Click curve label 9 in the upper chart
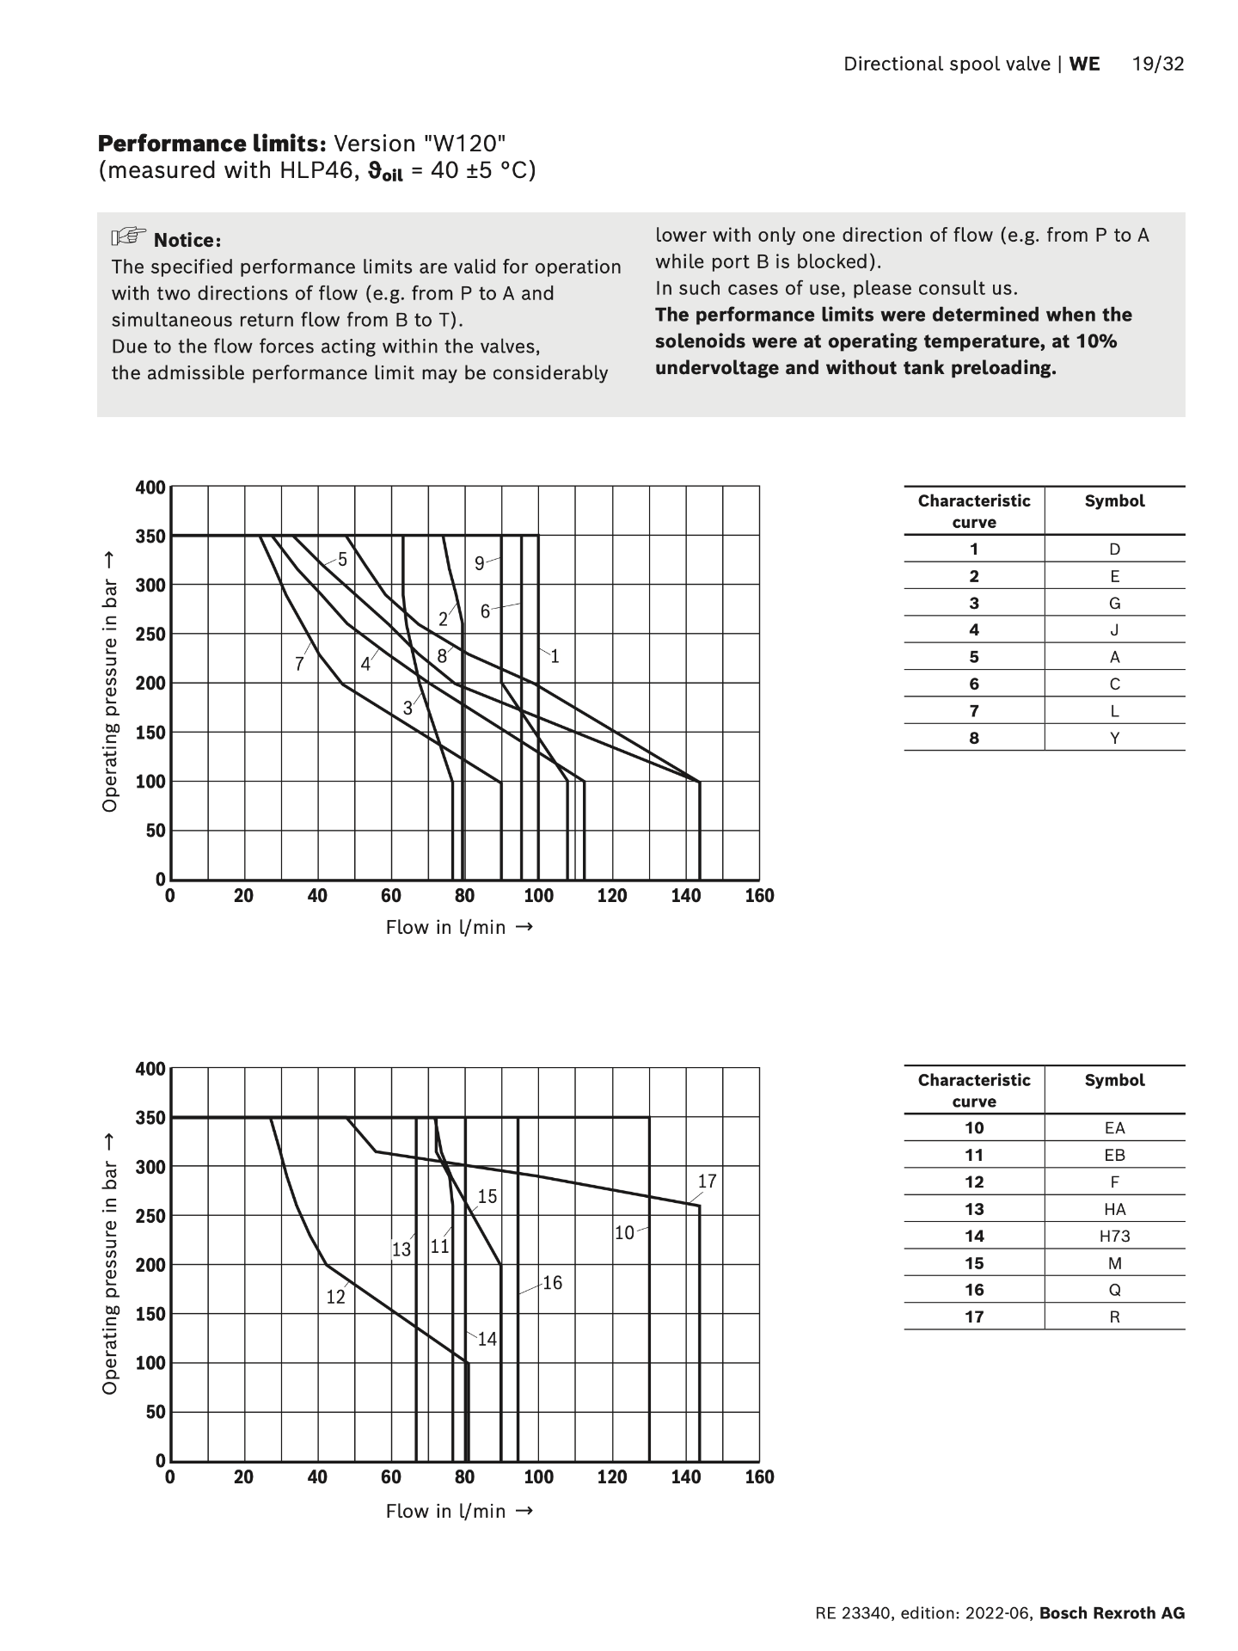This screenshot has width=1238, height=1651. (x=479, y=564)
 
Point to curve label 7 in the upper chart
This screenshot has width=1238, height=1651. (x=299, y=664)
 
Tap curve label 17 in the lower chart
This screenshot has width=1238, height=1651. (x=707, y=1181)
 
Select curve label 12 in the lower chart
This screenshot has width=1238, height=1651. (x=335, y=1297)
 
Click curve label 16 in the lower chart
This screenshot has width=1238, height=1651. (x=552, y=1283)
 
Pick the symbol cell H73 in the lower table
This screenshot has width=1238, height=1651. (x=1114, y=1236)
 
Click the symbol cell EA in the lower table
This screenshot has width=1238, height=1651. (x=1114, y=1128)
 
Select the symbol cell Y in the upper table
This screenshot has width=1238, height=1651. (x=1114, y=738)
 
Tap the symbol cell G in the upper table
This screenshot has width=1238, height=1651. (x=1114, y=603)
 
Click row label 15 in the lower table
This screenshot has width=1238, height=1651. (x=973, y=1263)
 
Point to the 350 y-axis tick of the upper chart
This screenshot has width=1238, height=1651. (x=150, y=537)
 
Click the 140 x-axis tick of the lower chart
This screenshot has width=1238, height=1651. (x=685, y=1477)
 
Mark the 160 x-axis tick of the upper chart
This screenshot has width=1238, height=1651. (x=759, y=896)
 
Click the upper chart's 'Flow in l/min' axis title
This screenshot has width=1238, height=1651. (x=459, y=927)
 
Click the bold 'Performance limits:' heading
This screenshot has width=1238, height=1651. (x=211, y=143)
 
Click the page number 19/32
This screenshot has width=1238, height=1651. (x=1158, y=64)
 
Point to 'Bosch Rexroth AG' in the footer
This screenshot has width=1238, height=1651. (x=1112, y=1613)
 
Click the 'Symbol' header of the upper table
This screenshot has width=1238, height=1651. (x=1114, y=500)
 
